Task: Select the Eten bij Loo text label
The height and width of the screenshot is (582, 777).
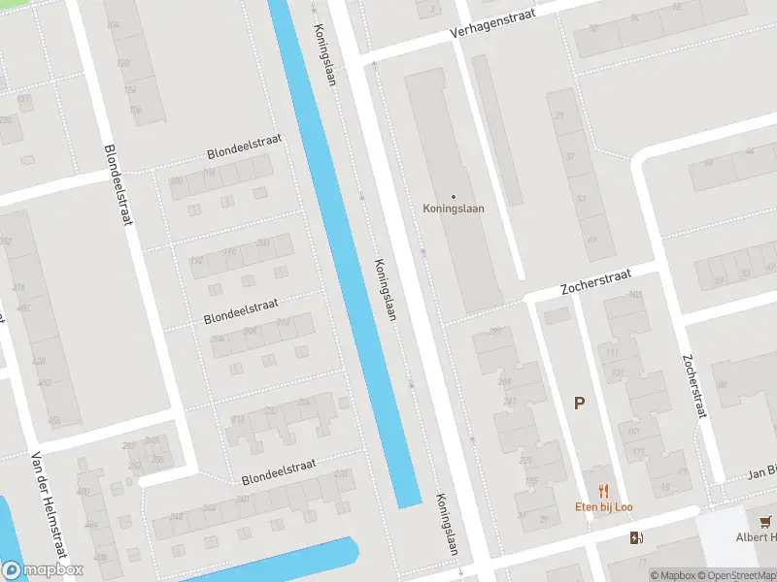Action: (604, 507)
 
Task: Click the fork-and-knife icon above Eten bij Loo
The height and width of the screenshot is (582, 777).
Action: (604, 491)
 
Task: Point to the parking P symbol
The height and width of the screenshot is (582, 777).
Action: (579, 404)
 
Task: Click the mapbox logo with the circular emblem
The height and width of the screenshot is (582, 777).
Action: (42, 570)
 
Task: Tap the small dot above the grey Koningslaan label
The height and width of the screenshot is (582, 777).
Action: (454, 196)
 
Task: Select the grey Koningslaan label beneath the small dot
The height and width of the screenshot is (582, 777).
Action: (454, 208)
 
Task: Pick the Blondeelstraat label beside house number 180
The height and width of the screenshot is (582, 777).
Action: (244, 147)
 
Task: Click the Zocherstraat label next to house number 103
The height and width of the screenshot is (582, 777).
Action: (596, 285)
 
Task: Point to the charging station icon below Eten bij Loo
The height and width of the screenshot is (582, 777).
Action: (636, 538)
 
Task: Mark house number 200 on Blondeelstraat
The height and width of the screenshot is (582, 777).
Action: (263, 242)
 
